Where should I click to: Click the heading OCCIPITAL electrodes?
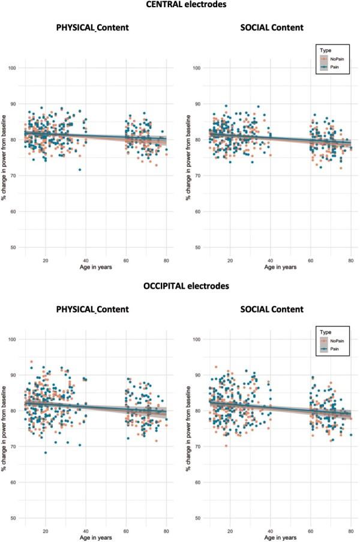(180, 286)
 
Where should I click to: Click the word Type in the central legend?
(328, 51)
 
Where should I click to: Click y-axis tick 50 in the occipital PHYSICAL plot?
(13, 518)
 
